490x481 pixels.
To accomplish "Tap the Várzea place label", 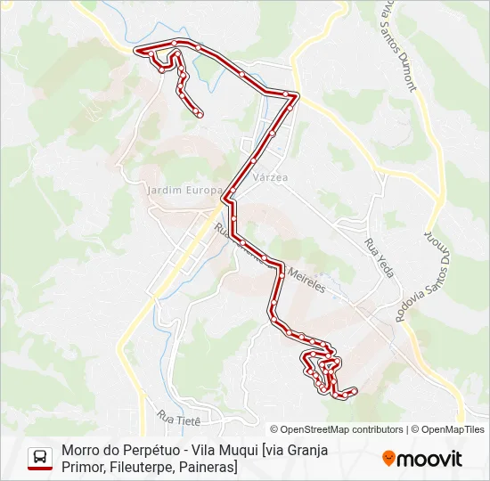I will point(271,177).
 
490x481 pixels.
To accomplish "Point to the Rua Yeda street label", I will point(379,258).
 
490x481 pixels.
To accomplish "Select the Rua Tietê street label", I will point(179,416).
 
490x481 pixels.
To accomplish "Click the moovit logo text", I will point(429,460).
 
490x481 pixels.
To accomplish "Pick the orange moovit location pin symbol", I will point(389,459).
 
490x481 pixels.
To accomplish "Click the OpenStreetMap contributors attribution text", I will point(341,429).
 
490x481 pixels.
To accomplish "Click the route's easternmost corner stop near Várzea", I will point(297,94).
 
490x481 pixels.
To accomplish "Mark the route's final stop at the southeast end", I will point(355,390).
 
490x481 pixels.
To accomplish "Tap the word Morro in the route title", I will point(82,450).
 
